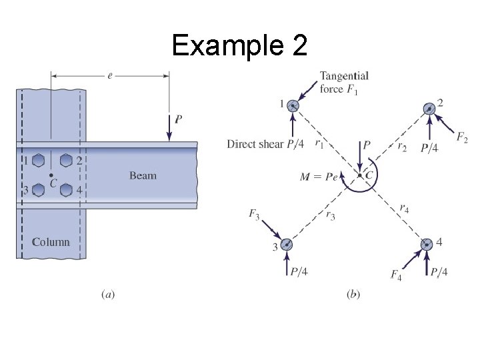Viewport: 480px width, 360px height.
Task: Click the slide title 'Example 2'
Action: pyautogui.click(x=239, y=45)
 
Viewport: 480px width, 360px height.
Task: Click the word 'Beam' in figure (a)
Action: pyautogui.click(x=143, y=176)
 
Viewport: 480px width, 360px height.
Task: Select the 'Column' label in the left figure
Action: pyautogui.click(x=51, y=241)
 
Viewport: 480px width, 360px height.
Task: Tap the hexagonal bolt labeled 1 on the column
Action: pyautogui.click(x=39, y=161)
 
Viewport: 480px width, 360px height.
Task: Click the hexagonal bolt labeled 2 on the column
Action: pyautogui.click(x=66, y=161)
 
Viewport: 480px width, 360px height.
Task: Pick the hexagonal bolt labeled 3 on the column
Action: pyautogui.click(x=39, y=190)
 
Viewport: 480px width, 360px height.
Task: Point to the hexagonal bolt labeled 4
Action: pyautogui.click(x=66, y=190)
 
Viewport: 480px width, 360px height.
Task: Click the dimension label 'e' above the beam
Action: pyautogui.click(x=110, y=75)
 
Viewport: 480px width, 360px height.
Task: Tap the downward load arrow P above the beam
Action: pyautogui.click(x=169, y=128)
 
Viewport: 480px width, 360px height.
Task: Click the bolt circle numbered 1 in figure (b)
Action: pyautogui.click(x=293, y=105)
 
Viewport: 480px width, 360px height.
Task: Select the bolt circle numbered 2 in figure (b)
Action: pyautogui.click(x=429, y=109)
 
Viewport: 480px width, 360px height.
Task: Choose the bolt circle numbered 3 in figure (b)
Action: pyautogui.click(x=286, y=245)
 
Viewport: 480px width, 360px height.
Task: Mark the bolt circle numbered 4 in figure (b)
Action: pyautogui.click(x=426, y=244)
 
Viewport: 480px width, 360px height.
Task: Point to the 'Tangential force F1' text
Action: pyautogui.click(x=344, y=83)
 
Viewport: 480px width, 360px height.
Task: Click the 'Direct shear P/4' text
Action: pyautogui.click(x=266, y=144)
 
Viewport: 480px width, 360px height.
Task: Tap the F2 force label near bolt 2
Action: pyautogui.click(x=461, y=137)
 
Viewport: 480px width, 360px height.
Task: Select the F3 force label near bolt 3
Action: pyautogui.click(x=254, y=214)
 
